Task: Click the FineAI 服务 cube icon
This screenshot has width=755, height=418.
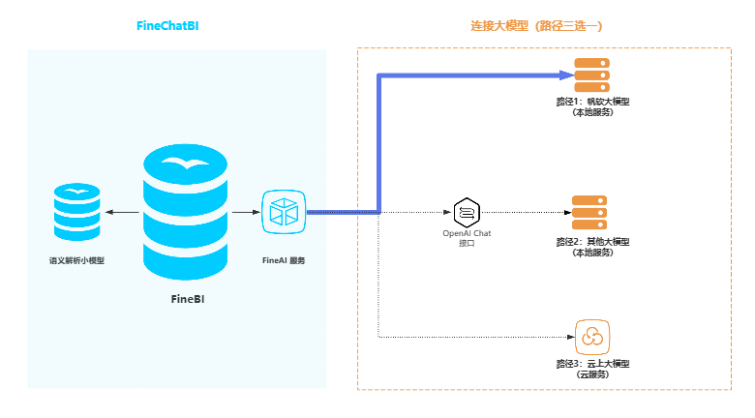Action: [x=285, y=212]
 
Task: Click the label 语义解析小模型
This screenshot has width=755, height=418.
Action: [x=76, y=260]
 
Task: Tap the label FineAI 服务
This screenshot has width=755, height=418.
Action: [x=285, y=260]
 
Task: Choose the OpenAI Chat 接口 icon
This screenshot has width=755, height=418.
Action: [x=467, y=212]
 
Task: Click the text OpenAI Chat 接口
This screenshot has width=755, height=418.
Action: [x=467, y=238]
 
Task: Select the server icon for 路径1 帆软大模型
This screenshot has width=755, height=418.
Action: [x=591, y=75]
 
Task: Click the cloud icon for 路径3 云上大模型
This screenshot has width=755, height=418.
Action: [x=590, y=336]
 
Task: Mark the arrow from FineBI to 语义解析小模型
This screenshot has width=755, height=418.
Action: [x=122, y=212]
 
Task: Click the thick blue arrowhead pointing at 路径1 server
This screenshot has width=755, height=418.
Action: [x=566, y=75]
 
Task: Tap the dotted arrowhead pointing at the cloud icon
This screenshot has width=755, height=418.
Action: [x=568, y=337]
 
